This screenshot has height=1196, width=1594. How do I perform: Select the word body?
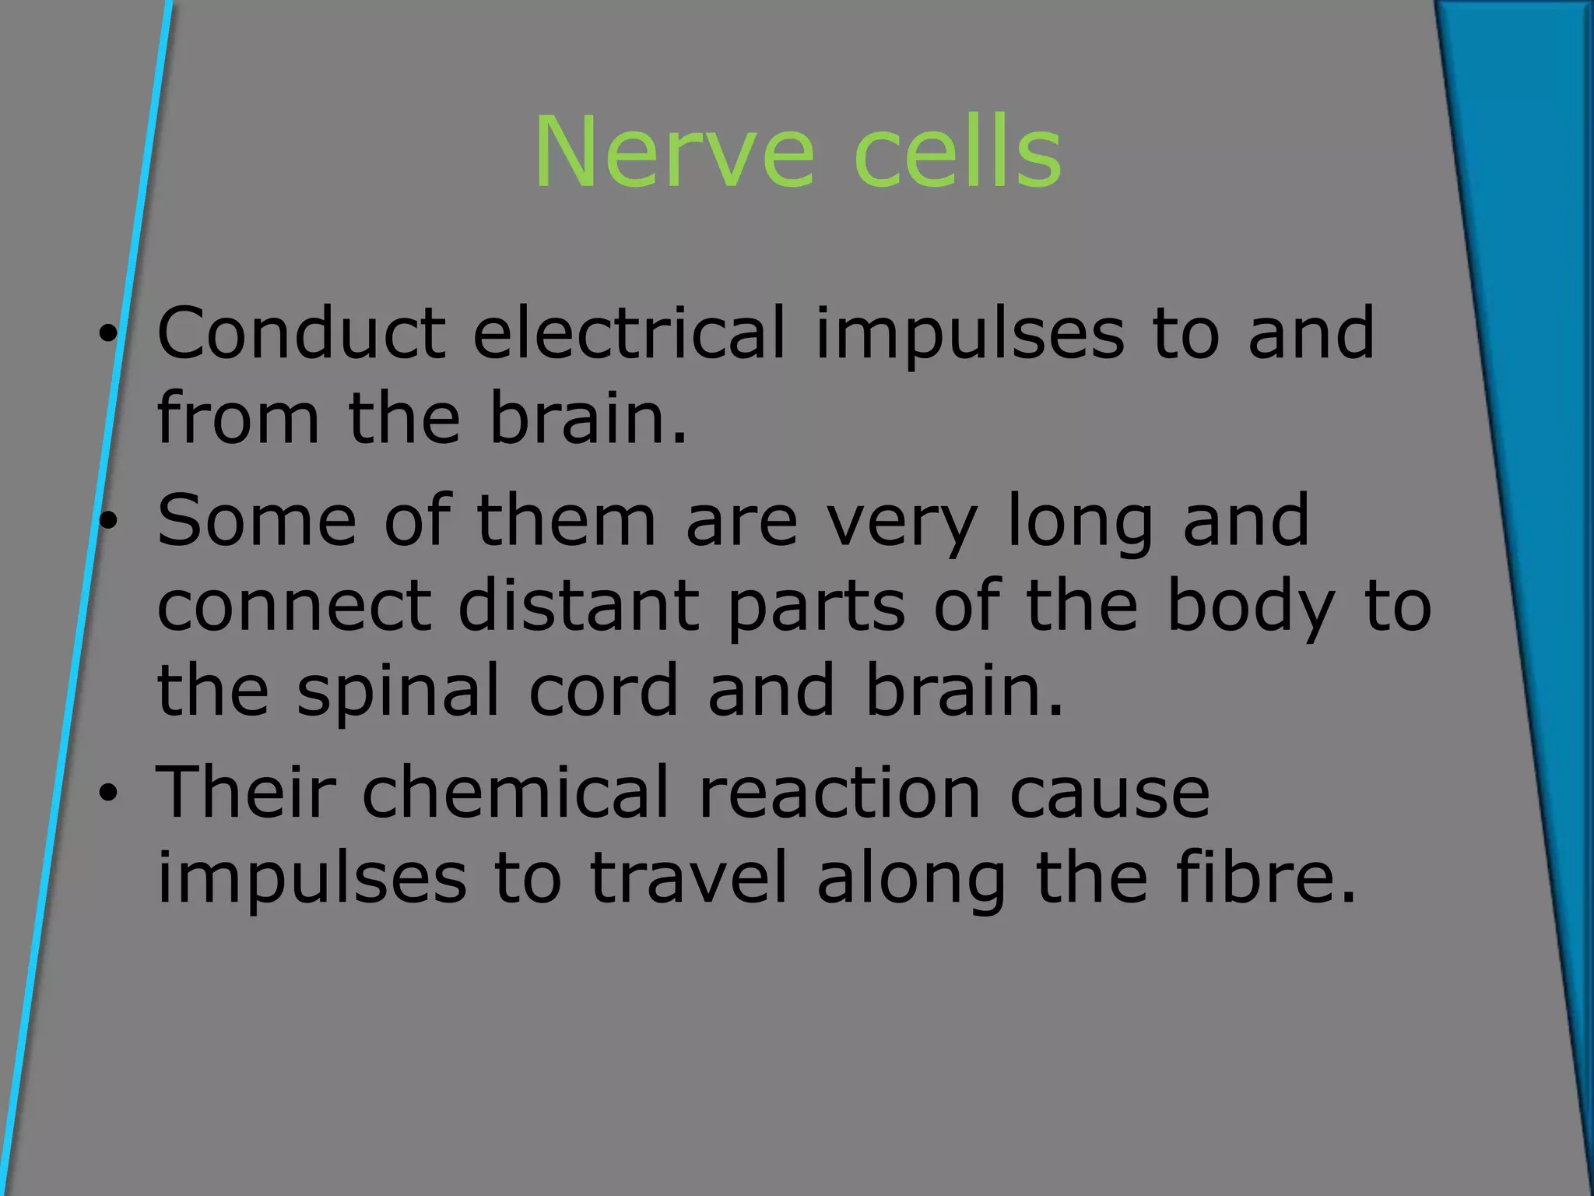1250,607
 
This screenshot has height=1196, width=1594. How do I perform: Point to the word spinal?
398,691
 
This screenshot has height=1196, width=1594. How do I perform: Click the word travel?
688,878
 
